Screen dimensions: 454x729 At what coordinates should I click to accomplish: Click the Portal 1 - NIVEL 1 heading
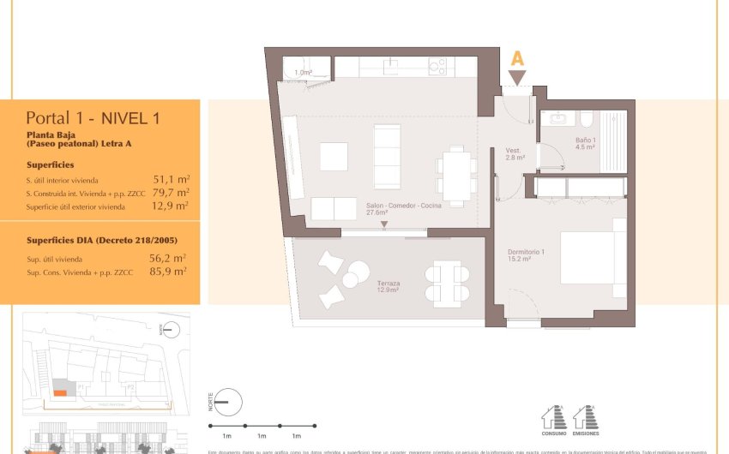[x=93, y=118]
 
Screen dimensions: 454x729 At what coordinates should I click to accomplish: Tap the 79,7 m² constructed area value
[x=171, y=193]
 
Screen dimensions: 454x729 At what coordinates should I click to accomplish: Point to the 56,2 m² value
[x=167, y=258]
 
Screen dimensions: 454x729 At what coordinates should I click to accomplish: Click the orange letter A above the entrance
[x=517, y=58]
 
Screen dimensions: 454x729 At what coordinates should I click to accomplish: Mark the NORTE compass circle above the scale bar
[x=226, y=401]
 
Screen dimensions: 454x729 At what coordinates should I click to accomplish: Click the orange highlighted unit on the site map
[x=59, y=392]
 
